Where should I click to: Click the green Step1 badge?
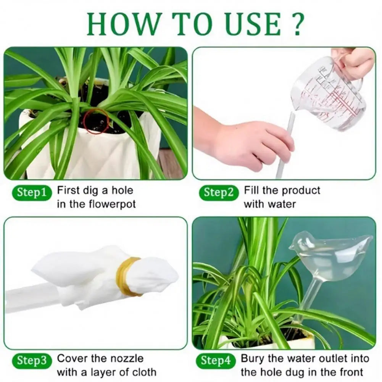[34, 193]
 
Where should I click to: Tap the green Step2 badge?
[218, 192]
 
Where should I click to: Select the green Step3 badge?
[34, 361]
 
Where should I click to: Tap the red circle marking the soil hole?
[96, 121]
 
